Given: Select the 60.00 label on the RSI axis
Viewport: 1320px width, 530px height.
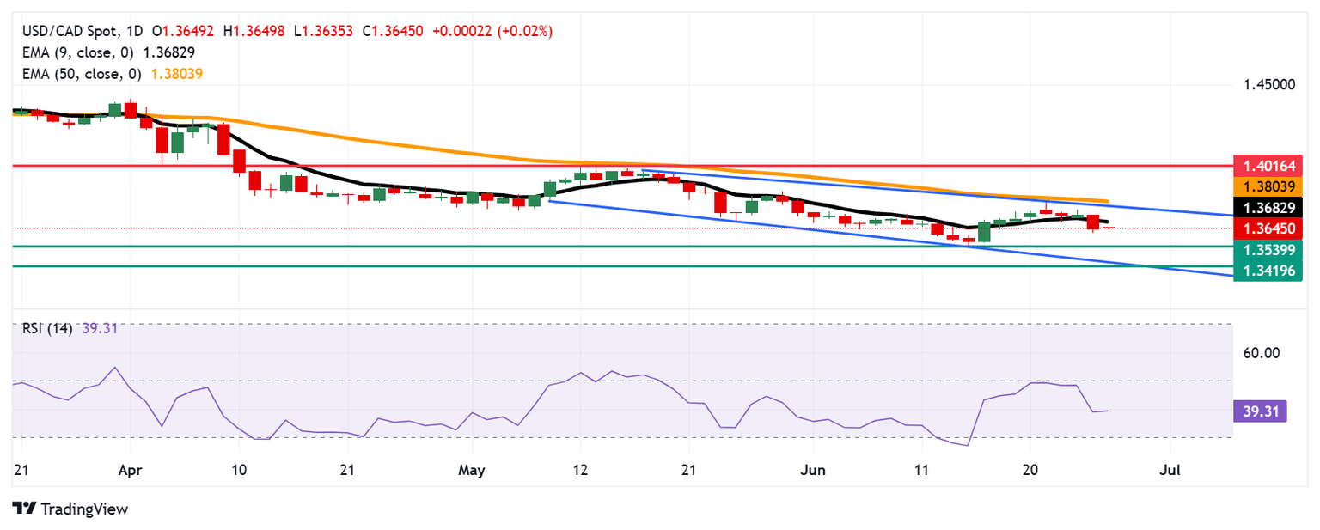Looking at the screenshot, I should pos(1262,353).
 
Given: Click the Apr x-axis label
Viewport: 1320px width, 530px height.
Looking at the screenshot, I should pos(130,471).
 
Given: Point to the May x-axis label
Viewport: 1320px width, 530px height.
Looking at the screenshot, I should pos(472,471).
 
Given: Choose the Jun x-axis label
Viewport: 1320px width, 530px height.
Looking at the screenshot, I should pos(812,471).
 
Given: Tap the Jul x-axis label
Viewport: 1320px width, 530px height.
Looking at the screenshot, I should pos(1170,471).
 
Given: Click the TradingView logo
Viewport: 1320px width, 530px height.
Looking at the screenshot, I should pos(70,509).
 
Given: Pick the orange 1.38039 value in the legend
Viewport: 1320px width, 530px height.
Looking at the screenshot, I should pos(177,74).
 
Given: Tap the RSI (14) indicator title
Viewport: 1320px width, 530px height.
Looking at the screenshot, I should pos(47,327).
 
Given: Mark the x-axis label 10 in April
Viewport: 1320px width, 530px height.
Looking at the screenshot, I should pos(239,471).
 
